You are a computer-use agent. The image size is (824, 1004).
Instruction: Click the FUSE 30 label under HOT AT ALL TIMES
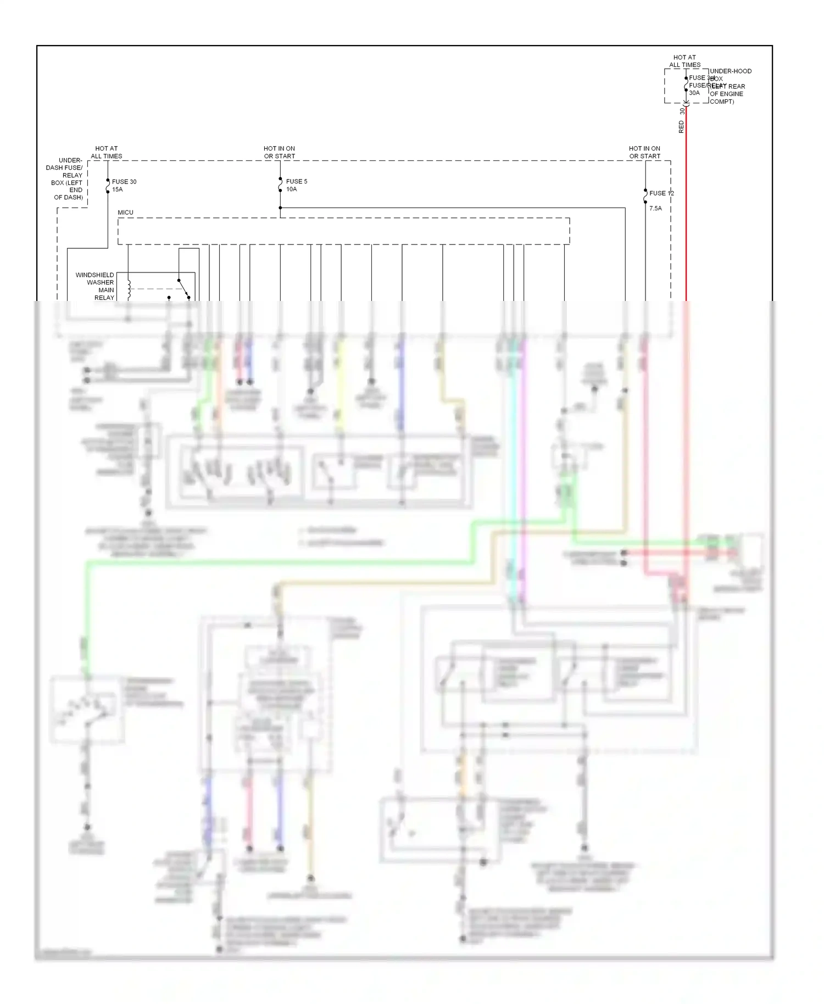[x=124, y=182]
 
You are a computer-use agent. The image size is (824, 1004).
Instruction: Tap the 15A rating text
[x=118, y=189]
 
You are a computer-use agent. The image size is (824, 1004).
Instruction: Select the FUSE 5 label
[x=297, y=182]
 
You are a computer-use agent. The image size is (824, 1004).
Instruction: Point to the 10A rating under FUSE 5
[x=291, y=189]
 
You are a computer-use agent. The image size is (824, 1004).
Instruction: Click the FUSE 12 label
[x=661, y=193]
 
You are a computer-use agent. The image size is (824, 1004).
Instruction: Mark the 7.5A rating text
[x=655, y=209]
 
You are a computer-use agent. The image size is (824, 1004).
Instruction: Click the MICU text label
[x=125, y=213]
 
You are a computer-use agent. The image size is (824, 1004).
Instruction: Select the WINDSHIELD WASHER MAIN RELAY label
[x=96, y=286]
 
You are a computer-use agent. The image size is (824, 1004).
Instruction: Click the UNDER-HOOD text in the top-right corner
[x=731, y=71]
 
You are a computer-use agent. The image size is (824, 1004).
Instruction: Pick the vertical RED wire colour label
[x=682, y=127]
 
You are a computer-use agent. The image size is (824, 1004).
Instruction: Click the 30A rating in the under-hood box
[x=694, y=93]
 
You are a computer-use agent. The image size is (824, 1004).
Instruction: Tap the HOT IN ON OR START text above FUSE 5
[x=279, y=152]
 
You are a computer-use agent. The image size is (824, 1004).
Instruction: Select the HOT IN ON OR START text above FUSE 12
[x=644, y=152]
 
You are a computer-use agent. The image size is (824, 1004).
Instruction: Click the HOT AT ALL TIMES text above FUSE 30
[x=107, y=152]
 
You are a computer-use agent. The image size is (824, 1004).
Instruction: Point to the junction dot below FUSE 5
[x=280, y=208]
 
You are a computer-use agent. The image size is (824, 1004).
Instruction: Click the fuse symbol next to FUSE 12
[x=645, y=196]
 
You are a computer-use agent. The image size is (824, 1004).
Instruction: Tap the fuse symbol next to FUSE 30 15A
[x=108, y=186]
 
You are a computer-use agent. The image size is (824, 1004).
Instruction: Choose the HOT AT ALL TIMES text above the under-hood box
[x=684, y=61]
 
